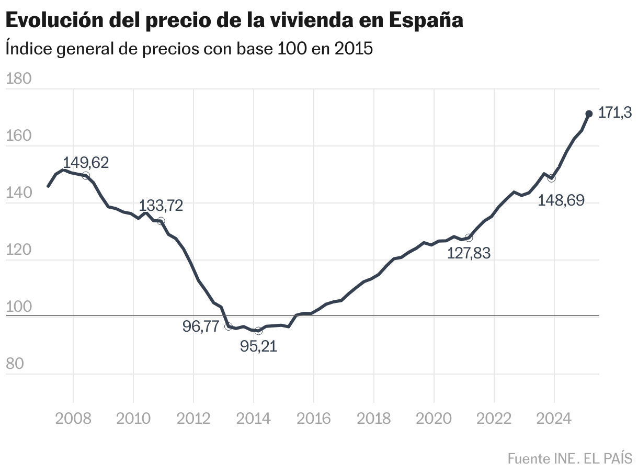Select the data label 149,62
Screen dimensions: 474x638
(86, 163)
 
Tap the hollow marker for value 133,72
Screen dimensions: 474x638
(161, 221)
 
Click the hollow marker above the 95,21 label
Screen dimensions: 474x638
(258, 331)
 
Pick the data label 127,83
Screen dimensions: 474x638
(469, 253)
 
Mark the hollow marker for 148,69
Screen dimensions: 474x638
(551, 178)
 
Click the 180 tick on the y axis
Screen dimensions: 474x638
(18, 79)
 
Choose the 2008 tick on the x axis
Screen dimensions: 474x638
(73, 419)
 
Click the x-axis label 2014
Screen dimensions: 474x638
(254, 419)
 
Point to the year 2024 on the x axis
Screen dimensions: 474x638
(554, 419)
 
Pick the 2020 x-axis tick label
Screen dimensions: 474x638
(434, 419)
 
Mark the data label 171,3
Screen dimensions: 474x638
(615, 113)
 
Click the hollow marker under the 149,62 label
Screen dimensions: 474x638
(86, 176)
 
